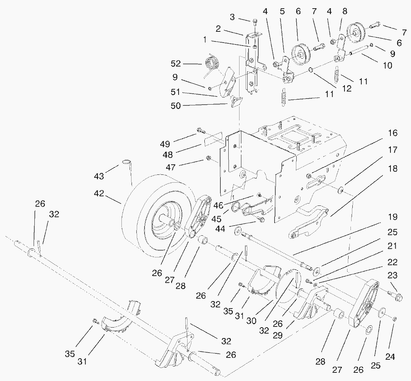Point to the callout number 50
point(175,106)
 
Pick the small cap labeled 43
point(127,164)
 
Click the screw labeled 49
point(201,130)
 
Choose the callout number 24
point(390,357)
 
